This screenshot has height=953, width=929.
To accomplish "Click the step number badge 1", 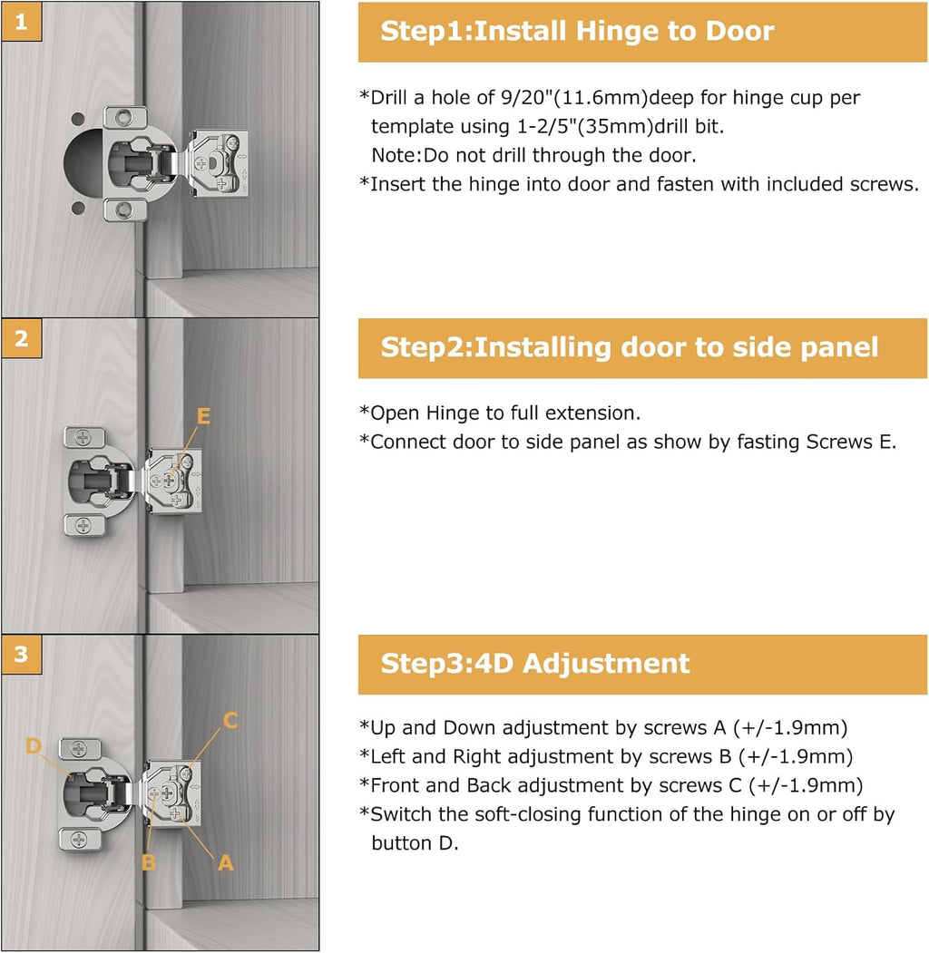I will tap(21, 23).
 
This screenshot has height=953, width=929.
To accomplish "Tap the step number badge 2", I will tap(21, 338).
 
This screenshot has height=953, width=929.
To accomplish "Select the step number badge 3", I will tap(21, 655).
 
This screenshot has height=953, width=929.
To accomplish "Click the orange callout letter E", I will tap(203, 416).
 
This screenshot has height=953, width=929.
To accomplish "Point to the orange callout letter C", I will tap(230, 720).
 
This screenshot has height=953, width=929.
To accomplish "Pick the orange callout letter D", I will tap(34, 745).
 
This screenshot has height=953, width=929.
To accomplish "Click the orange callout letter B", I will tap(148, 861).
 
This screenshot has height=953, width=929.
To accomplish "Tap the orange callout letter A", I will tap(225, 863).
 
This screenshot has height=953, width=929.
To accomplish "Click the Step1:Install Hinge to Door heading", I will tap(577, 32).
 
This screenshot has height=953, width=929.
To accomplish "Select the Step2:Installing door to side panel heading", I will tap(629, 347).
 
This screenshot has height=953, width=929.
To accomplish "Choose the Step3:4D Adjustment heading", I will tap(535, 663).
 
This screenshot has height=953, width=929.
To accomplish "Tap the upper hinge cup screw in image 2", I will tap(83, 436).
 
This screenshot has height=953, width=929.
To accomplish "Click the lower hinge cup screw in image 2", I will tap(83, 524).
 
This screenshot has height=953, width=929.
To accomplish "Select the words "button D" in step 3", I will tap(415, 842).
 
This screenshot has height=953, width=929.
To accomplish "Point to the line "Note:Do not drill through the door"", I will tap(533, 155).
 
